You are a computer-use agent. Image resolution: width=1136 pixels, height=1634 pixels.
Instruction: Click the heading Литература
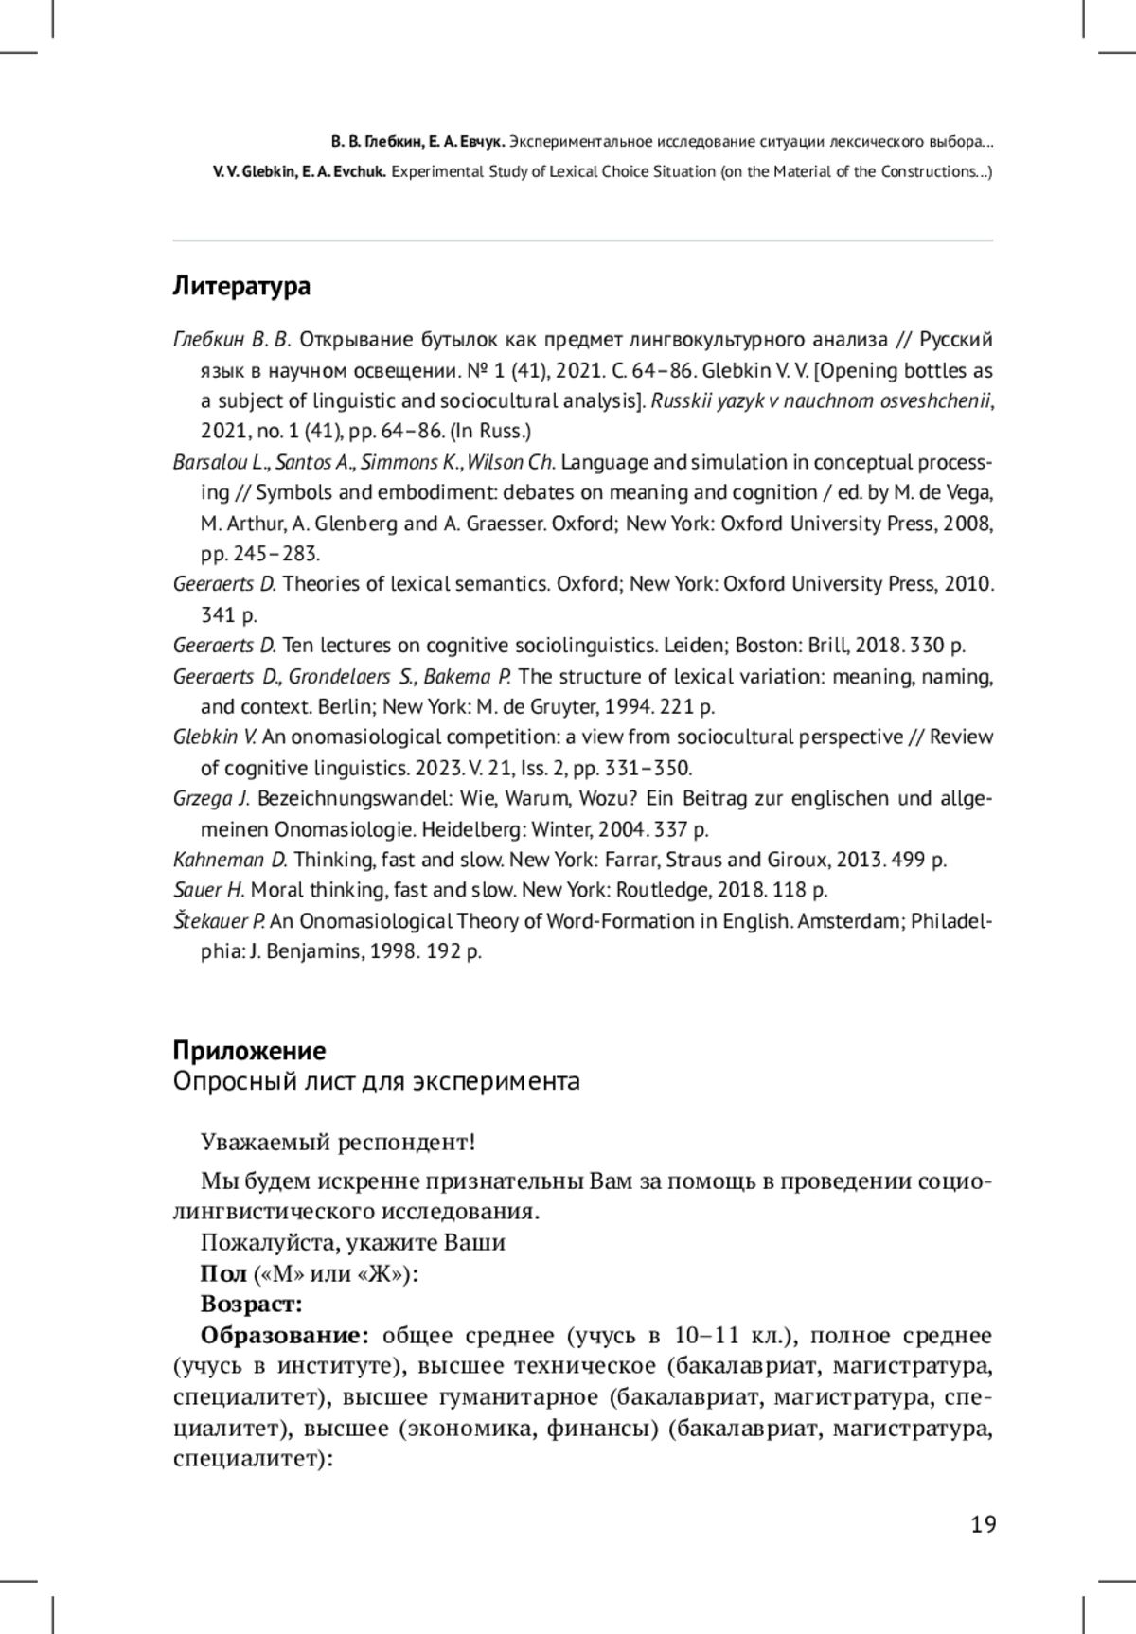click(x=241, y=286)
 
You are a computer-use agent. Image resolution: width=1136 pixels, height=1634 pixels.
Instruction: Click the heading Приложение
click(x=249, y=1051)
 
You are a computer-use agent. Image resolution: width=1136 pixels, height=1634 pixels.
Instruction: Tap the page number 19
click(x=983, y=1524)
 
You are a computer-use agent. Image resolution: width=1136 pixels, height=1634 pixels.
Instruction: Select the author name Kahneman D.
click(x=230, y=860)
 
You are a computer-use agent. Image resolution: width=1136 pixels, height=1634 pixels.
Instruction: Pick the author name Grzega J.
click(x=211, y=798)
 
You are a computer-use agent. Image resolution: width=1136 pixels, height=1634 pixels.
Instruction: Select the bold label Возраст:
click(x=251, y=1304)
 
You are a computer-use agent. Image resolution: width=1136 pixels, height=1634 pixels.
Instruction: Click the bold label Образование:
click(x=284, y=1335)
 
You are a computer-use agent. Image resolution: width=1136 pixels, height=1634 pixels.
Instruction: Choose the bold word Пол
click(x=223, y=1273)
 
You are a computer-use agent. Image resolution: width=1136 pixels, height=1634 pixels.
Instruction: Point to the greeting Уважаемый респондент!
click(x=338, y=1143)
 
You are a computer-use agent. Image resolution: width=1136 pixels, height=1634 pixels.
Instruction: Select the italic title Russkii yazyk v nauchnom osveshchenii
click(x=822, y=400)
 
